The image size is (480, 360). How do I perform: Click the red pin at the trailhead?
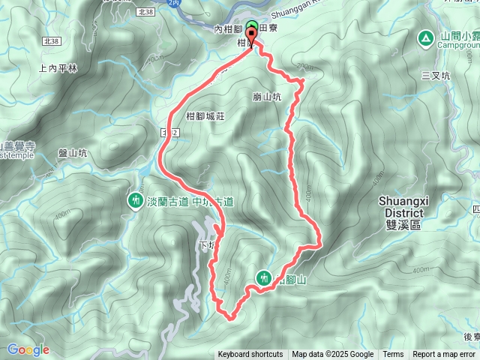pos(250,33)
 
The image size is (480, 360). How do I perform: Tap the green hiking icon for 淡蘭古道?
pos(135,201)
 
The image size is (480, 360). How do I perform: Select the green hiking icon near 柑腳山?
pos(263,277)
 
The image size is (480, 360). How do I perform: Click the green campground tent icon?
pos(425,37)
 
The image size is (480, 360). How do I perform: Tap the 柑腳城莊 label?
pos(205,115)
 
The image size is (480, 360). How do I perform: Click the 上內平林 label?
pos(57,68)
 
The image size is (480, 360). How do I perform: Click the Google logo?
pos(28,349)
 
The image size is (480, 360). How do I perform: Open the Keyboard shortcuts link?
pos(250,355)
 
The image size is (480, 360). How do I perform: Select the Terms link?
pos(393,355)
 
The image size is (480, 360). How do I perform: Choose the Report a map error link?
pos(443,355)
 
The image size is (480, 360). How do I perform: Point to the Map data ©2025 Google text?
pos(332,355)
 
